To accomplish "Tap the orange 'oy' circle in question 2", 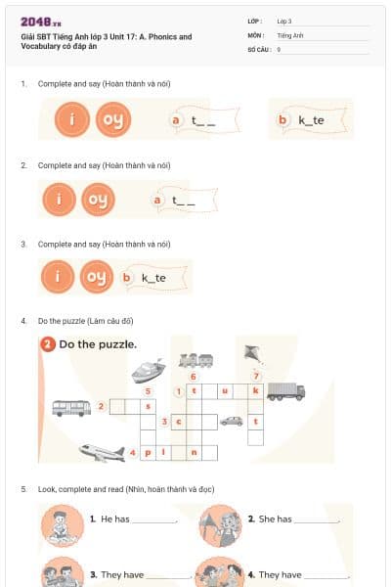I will pos(97,200).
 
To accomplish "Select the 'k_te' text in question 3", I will pos(153,278).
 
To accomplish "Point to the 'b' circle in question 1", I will pos(283,120).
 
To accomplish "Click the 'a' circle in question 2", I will pos(157,200).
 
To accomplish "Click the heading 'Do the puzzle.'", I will pos(97,344).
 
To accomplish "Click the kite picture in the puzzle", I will pos(252,352).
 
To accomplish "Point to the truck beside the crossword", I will pos(285,391).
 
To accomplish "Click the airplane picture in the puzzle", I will pos(103,453).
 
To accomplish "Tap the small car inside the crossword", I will pos(232,422).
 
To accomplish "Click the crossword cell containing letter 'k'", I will pos(255,390).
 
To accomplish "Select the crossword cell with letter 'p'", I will pos(148,453).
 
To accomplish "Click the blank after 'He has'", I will pos(153,520).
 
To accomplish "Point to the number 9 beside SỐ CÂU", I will pos(279,48).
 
